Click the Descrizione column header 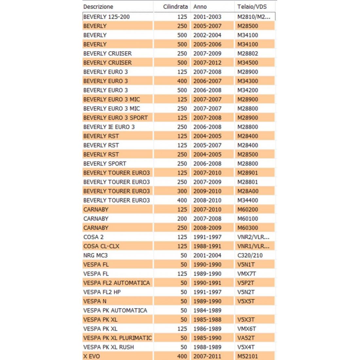tap(98, 7)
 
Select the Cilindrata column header tap(175, 7)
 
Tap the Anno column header tap(200, 7)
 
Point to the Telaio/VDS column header tap(252, 7)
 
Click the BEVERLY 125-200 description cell tap(106, 17)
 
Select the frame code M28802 tap(248, 53)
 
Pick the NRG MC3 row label tap(96, 255)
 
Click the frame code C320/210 tap(250, 255)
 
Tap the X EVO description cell tap(92, 356)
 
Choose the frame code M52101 tap(248, 356)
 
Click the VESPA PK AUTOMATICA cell tap(115, 310)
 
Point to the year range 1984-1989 tap(207, 310)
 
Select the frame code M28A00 tap(248, 191)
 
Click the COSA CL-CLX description tap(101, 246)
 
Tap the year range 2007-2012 tap(207, 63)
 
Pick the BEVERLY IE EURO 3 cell tap(109, 127)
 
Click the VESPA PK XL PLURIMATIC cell tap(117, 338)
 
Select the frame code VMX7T tap(246, 274)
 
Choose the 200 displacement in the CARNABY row tap(182, 219)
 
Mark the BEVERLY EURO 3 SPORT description tap(116, 117)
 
